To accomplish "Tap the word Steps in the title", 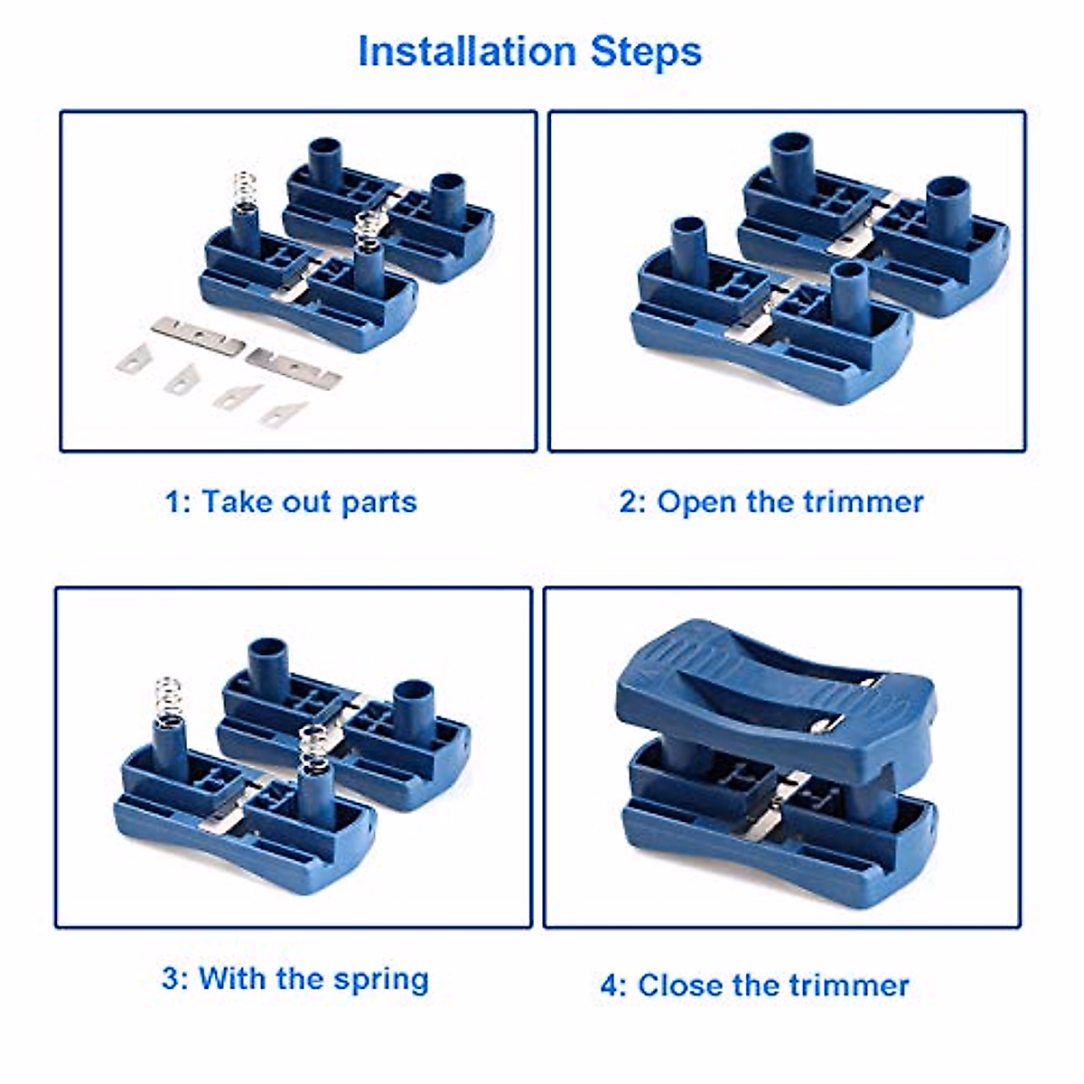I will click(x=646, y=51).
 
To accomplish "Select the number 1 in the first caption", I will click(x=173, y=502).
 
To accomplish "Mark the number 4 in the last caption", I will click(x=612, y=986).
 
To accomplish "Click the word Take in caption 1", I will click(x=238, y=502).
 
